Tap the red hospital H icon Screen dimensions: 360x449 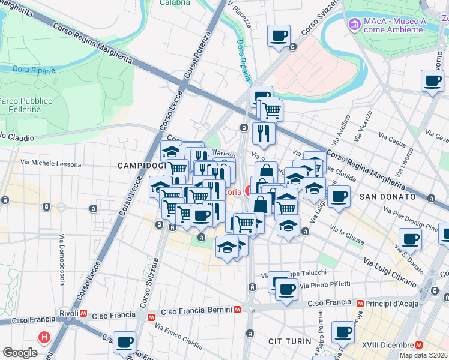(44, 337)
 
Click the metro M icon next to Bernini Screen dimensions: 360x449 (238, 310)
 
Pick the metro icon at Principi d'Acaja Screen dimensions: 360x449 (360, 304)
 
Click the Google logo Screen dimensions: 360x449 (20, 353)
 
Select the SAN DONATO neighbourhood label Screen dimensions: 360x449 (387, 197)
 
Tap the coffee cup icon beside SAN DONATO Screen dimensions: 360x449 (339, 196)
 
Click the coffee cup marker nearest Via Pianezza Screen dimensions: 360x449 (279, 36)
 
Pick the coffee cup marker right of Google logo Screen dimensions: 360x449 (125, 342)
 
